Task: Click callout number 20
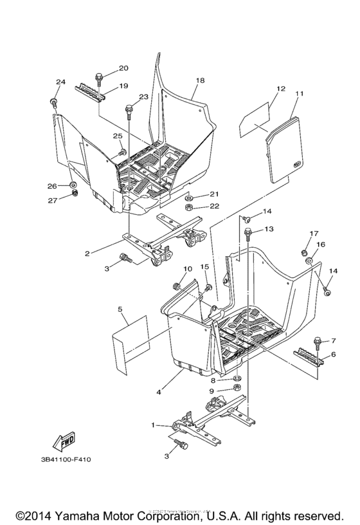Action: pos(123,68)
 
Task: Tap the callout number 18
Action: pos(200,80)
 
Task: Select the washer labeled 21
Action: pos(191,195)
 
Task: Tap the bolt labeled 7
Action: pos(317,342)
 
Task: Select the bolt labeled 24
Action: pos(53,102)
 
